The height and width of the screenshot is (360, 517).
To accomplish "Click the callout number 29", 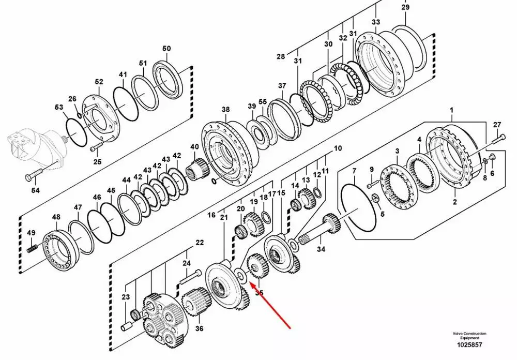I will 405,7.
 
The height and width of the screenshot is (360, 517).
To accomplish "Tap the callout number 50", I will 166,49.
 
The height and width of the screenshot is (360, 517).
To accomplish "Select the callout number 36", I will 199,327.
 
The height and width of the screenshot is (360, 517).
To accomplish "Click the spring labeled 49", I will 32,248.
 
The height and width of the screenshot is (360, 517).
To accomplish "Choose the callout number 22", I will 199,242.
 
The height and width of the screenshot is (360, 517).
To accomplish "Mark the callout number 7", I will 354,170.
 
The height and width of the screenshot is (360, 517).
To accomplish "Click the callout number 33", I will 376,22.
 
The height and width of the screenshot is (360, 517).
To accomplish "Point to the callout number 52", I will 99,82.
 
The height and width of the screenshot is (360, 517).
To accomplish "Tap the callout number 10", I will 338,148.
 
